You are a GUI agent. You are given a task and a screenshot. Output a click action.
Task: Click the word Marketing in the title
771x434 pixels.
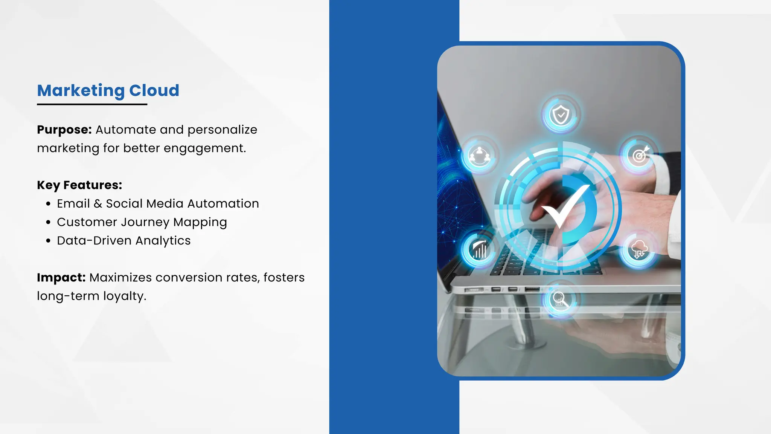pyautogui.click(x=81, y=91)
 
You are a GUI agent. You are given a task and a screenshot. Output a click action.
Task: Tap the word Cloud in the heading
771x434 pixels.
pyautogui.click(x=154, y=91)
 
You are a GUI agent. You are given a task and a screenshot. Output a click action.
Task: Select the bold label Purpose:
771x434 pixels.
pyautogui.click(x=64, y=130)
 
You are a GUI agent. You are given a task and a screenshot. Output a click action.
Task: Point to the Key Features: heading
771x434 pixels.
pyautogui.click(x=79, y=185)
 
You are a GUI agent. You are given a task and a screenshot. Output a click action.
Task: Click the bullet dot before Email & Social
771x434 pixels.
pyautogui.click(x=48, y=204)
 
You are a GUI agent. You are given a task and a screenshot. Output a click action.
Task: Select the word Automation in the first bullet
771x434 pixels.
pyautogui.click(x=223, y=204)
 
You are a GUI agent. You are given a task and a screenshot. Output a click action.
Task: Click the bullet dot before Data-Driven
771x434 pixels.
pyautogui.click(x=48, y=241)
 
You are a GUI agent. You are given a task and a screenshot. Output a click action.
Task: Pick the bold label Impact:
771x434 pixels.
pyautogui.click(x=61, y=278)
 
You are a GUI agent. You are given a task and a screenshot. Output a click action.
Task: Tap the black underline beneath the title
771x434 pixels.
pyautogui.click(x=92, y=104)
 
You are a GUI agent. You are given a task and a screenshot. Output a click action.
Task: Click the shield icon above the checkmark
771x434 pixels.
pyautogui.click(x=561, y=115)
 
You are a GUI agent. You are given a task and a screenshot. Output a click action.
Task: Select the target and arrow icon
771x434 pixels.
pyautogui.click(x=640, y=155)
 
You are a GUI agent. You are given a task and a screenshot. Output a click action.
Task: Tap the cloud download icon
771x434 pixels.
pyautogui.click(x=639, y=249)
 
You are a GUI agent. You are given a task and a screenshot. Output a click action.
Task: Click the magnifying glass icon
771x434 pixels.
pyautogui.click(x=560, y=300)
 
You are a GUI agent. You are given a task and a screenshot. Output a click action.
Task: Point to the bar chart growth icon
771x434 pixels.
pyautogui.click(x=479, y=249)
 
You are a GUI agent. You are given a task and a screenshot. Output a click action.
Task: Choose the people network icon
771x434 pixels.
pyautogui.click(x=479, y=155)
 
